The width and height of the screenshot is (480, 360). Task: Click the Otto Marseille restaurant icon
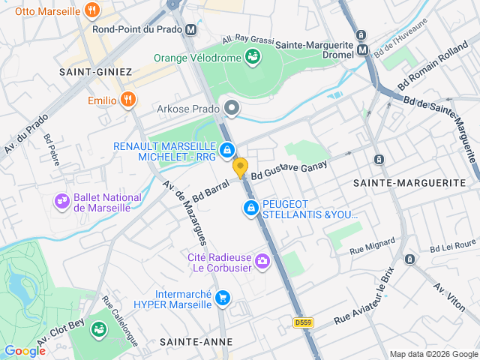tap(92, 10)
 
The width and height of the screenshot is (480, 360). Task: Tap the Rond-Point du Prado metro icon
tap(191, 30)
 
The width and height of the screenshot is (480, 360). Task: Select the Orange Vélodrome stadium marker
tap(253, 57)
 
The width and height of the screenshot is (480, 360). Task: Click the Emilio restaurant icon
tap(128, 100)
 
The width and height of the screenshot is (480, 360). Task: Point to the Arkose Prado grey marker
tap(232, 109)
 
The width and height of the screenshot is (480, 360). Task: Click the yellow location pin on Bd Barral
tap(240, 168)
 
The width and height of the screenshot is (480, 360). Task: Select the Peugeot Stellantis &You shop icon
tap(250, 208)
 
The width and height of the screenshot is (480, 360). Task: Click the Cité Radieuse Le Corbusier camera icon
tap(262, 261)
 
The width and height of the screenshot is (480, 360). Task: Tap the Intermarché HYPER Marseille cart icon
tap(222, 298)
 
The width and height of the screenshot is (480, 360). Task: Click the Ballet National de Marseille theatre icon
tap(61, 201)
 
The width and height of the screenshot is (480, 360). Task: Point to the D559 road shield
tap(302, 322)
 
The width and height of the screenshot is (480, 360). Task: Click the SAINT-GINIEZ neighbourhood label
tap(97, 72)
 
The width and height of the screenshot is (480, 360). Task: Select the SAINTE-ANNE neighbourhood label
tap(188, 341)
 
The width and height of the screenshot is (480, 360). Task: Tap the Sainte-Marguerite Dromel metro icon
tap(363, 50)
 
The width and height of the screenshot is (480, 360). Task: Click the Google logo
tap(25, 350)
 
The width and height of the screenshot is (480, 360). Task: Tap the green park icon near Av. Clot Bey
tap(97, 329)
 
